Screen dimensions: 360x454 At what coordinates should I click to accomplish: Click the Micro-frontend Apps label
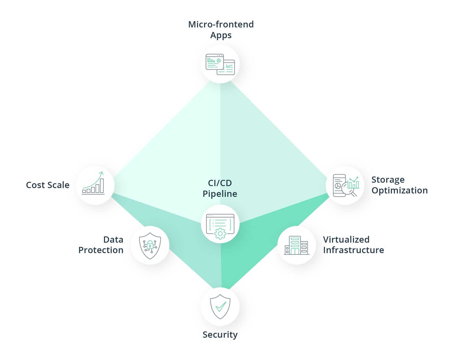click(221, 30)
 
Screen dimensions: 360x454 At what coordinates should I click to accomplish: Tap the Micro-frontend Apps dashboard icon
click(220, 64)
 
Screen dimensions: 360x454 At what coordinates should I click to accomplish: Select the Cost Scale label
click(48, 185)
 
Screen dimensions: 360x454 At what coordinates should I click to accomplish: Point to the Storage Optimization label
click(399, 185)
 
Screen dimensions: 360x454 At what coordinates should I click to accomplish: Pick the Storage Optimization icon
click(345, 186)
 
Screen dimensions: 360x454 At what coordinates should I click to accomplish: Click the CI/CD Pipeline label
click(220, 188)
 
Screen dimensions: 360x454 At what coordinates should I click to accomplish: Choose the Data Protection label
click(101, 245)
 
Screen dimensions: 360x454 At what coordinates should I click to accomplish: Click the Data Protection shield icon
click(150, 245)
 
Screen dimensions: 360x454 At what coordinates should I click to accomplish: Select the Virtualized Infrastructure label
click(353, 245)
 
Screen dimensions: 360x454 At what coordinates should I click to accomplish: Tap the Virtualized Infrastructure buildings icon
click(296, 245)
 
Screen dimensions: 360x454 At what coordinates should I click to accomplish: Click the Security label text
click(220, 335)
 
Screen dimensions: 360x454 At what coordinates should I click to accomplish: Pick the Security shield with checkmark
click(220, 307)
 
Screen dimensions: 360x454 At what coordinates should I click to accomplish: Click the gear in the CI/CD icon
click(220, 234)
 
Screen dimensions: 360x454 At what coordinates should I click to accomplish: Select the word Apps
click(221, 35)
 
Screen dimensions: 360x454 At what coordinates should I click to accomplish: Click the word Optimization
click(399, 191)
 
